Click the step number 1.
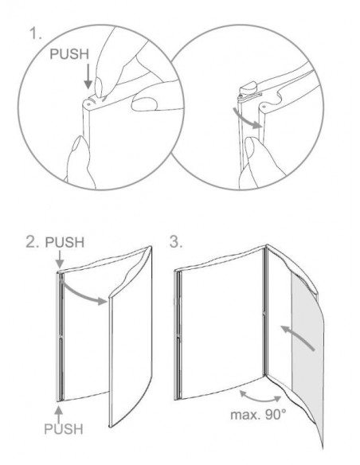click(35, 33)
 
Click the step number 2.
click(32, 242)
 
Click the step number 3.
click(175, 241)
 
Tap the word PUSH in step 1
click(69, 54)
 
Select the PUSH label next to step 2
click(65, 242)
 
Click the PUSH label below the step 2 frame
click(64, 429)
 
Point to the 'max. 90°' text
click(258, 414)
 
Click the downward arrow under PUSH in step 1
click(88, 76)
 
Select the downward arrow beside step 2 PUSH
click(60, 259)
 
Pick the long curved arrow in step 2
click(83, 291)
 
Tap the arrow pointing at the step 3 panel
click(297, 337)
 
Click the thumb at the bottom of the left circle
click(79, 162)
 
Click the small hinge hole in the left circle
click(88, 104)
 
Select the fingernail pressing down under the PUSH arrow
click(99, 86)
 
